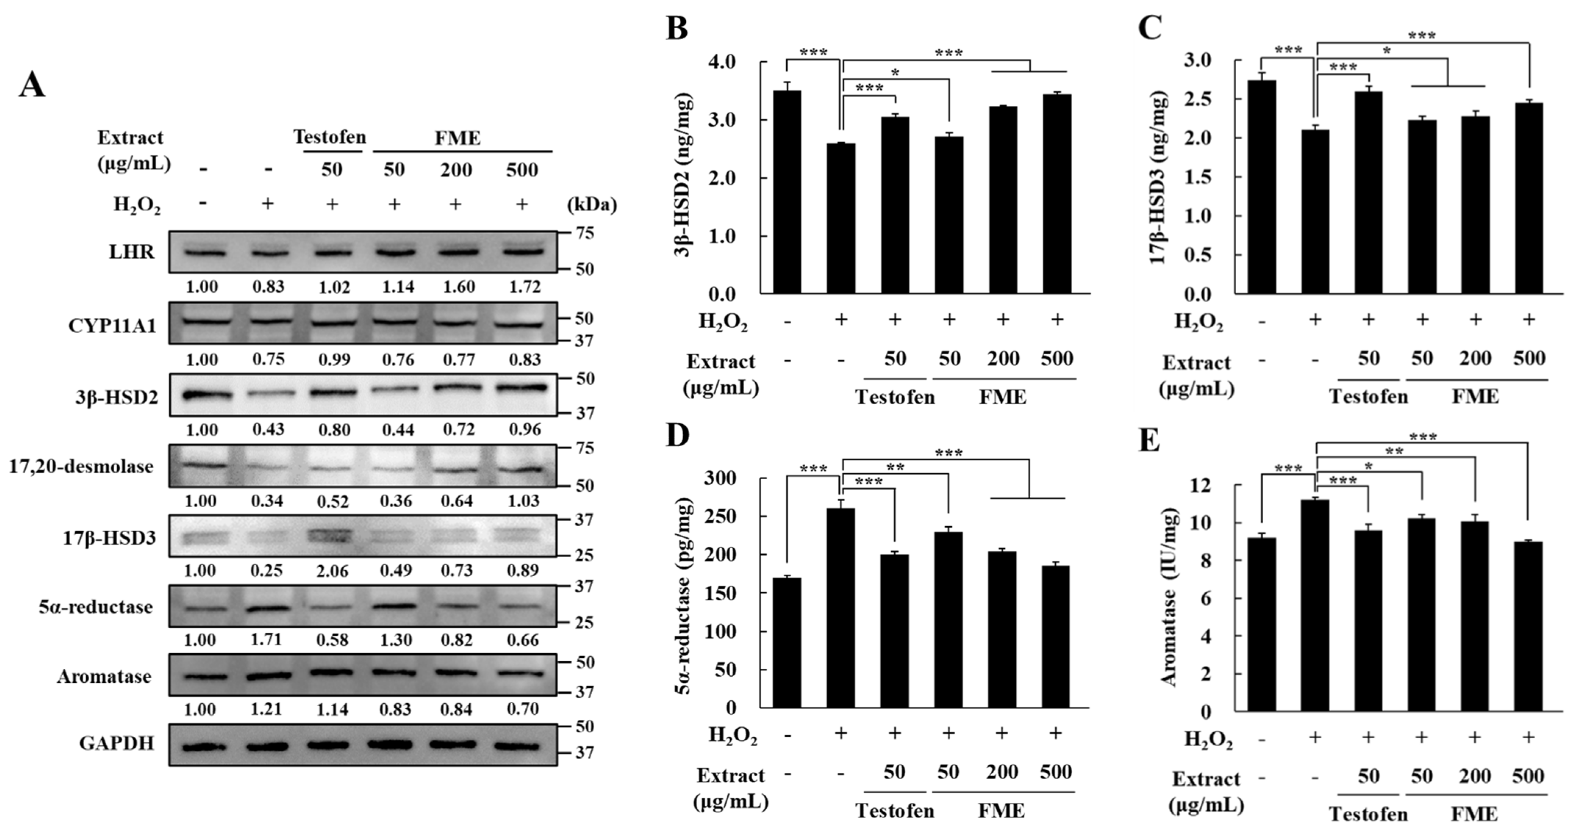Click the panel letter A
pyautogui.click(x=32, y=84)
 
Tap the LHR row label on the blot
pyautogui.click(x=132, y=252)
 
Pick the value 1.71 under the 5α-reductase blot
pyautogui.click(x=266, y=640)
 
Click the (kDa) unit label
pyautogui.click(x=592, y=204)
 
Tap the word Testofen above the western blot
pyautogui.click(x=330, y=137)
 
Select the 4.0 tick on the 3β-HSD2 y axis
pyautogui.click(x=723, y=62)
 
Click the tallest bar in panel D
pyautogui.click(x=841, y=608)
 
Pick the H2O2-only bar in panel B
pyautogui.click(x=841, y=219)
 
